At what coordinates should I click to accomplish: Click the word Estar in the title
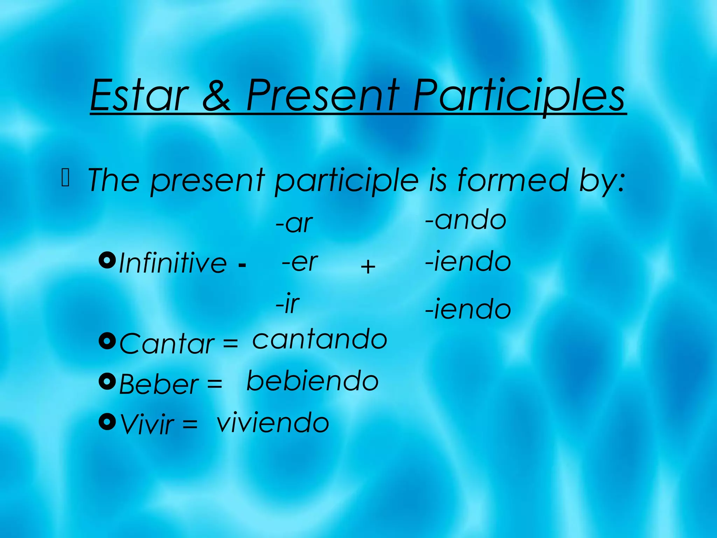click(140, 95)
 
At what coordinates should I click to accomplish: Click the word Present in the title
click(322, 95)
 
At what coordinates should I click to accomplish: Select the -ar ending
click(294, 223)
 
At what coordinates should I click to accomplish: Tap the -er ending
click(300, 262)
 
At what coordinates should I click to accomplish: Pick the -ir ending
click(287, 303)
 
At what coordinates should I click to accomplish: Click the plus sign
click(368, 267)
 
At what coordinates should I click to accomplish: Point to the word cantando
click(320, 339)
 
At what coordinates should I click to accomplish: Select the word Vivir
click(147, 424)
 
